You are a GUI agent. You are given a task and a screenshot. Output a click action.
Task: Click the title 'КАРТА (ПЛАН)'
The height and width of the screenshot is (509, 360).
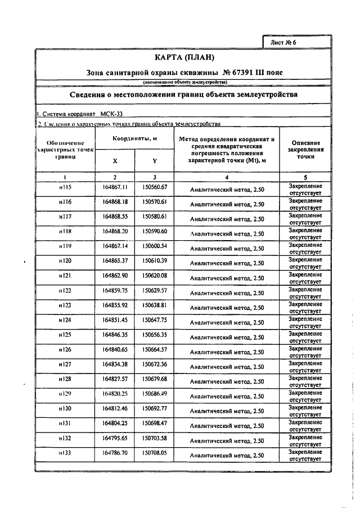pos(185,58)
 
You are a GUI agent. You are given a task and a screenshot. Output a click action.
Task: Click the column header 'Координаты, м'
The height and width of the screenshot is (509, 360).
pos(134,139)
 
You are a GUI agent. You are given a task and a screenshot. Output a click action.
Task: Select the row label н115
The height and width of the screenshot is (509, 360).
pos(65,187)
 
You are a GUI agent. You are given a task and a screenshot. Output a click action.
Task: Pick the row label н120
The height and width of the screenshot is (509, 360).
pos(65,260)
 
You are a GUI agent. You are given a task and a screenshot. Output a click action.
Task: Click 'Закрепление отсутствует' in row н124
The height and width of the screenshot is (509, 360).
pos(305,322)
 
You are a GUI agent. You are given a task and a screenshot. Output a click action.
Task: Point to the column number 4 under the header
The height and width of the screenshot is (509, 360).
pos(227,176)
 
